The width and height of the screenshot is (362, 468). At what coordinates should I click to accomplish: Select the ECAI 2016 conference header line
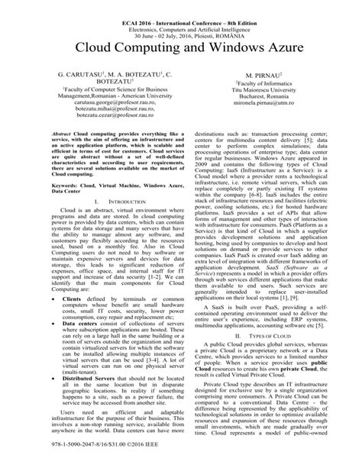point(181,7)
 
